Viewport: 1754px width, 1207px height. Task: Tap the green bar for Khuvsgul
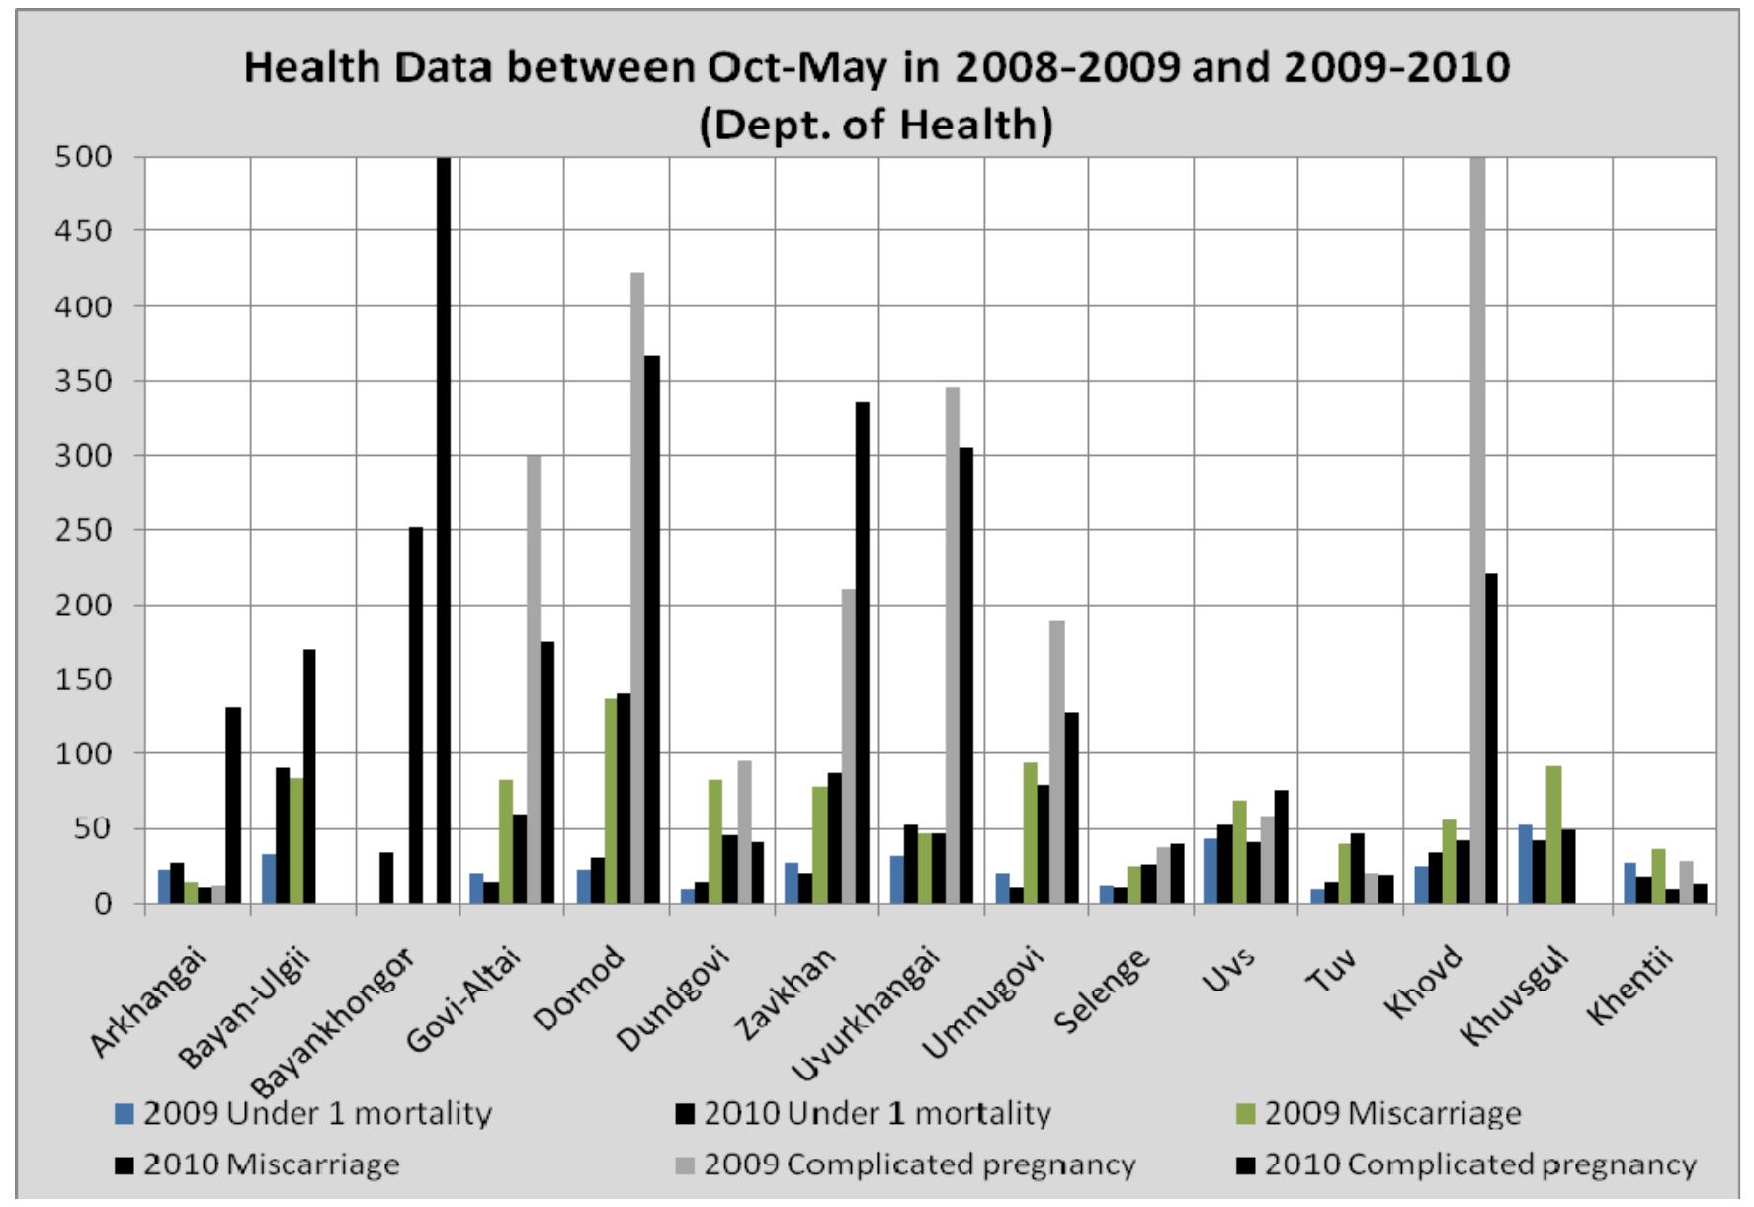(x=1553, y=834)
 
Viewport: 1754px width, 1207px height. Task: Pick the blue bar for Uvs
(x=1211, y=870)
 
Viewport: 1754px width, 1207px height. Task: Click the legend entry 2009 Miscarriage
(x=1392, y=1114)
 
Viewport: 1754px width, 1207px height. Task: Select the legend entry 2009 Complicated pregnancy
(x=920, y=1164)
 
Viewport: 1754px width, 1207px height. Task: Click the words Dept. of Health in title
(x=876, y=125)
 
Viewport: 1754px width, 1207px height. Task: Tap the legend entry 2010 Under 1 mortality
(x=877, y=1114)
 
